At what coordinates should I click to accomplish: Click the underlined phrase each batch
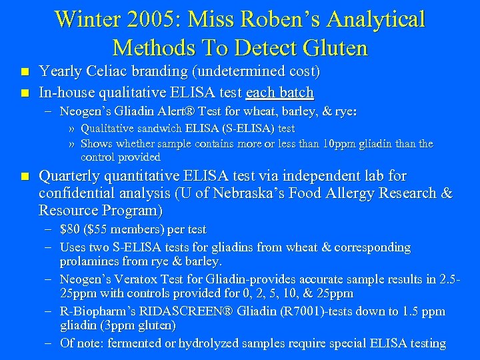pyautogui.click(x=280, y=91)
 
